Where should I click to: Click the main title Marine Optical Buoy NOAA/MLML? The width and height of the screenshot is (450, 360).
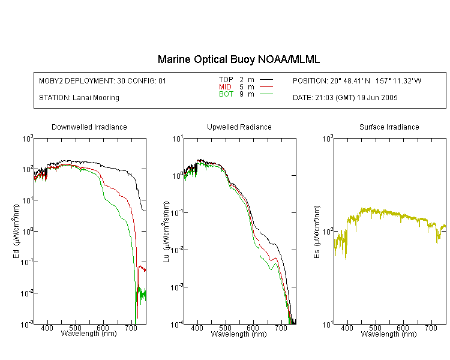[x=239, y=59]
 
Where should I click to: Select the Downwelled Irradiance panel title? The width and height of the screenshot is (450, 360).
[x=89, y=127]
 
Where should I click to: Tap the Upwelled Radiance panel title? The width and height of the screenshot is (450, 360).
[x=239, y=127]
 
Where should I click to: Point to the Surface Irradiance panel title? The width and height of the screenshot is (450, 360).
[x=389, y=127]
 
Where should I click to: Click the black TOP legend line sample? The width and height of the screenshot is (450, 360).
[x=266, y=80]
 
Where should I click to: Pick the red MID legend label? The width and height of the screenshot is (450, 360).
[x=225, y=86]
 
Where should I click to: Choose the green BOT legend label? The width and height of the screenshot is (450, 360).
[x=226, y=94]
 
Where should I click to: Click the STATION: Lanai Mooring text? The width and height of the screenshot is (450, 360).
[x=79, y=98]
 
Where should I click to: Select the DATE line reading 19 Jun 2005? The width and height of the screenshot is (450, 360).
[x=345, y=98]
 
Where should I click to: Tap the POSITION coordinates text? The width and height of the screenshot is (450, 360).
[x=357, y=80]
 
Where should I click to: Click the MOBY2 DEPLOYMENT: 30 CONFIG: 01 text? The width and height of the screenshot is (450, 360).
[x=103, y=80]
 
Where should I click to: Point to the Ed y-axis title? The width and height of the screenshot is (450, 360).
[x=16, y=231]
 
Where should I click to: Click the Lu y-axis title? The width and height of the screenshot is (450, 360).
[x=166, y=232]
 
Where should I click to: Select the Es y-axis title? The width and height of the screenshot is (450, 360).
[x=316, y=232]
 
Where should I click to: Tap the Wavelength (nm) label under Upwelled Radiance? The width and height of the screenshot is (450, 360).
[x=239, y=334]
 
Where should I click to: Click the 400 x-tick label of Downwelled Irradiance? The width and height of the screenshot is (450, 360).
[x=47, y=328]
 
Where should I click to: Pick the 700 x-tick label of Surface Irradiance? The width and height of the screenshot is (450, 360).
[x=431, y=328]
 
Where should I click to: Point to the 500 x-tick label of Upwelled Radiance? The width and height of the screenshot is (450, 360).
[x=225, y=328]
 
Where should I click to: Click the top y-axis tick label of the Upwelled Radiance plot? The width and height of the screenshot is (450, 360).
[x=178, y=139]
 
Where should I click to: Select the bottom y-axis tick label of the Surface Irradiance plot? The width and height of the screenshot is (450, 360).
[x=328, y=325]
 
